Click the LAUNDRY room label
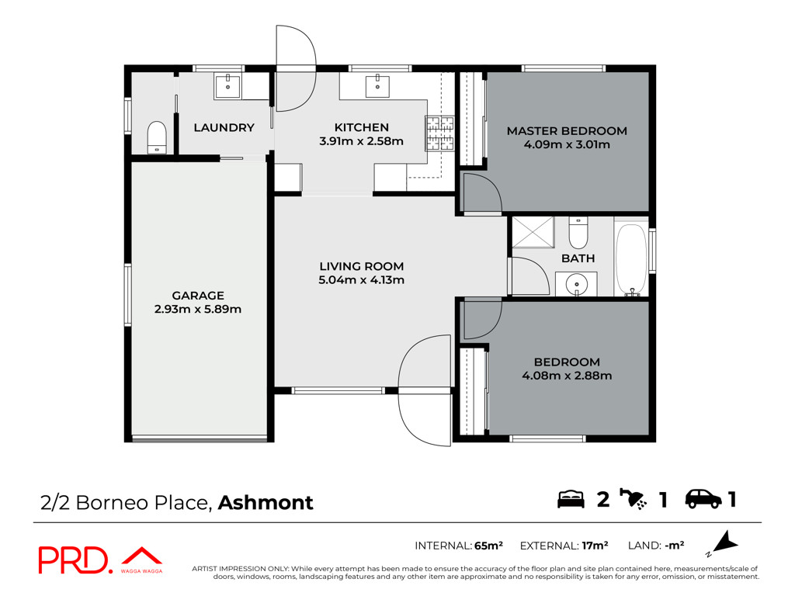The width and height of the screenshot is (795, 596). pos(224,128)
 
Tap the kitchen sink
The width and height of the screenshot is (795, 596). pos(377,86)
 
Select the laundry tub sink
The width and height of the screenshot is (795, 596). pos(227,86)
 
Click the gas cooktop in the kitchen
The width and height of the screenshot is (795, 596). pos(439,133)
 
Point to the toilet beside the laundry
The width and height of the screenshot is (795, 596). pos(157,137)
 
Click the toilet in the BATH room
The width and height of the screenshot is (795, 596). pos(578,233)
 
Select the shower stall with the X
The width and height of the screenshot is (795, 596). pos(533,233)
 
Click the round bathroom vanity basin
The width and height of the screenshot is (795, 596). pos(577,283)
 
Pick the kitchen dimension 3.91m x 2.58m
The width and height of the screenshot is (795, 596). pos(361,141)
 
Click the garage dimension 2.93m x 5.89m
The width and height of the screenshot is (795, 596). pos(198,309)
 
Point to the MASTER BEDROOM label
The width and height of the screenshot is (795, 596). pos(567,130)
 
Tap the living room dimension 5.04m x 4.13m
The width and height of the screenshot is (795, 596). pos(361,279)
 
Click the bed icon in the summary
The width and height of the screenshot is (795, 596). pos(571,499)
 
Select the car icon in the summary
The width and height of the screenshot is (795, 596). pos(703,499)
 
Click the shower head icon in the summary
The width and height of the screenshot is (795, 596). pos(633,498)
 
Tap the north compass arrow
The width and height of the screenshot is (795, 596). pos(725,542)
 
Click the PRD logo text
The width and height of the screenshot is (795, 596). pos(74,560)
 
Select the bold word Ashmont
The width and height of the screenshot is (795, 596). pos(266,502)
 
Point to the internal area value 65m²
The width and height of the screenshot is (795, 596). pos(488,546)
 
